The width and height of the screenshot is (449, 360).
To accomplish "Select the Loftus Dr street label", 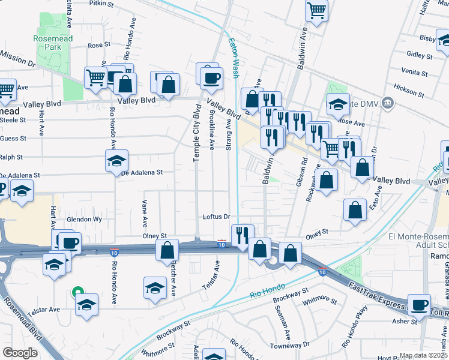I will pyautogui.click(x=216, y=217).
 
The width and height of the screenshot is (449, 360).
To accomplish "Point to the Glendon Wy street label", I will pyautogui.click(x=84, y=220).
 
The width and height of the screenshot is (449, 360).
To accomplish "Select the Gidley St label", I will pyautogui.click(x=415, y=54).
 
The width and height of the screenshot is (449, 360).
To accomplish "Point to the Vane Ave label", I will pyautogui.click(x=145, y=213).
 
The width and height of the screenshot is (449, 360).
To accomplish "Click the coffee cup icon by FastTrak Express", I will pyautogui.click(x=420, y=304).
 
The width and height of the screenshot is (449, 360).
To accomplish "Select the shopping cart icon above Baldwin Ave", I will pyautogui.click(x=316, y=10).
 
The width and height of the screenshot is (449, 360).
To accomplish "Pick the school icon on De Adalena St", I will pyautogui.click(x=116, y=160).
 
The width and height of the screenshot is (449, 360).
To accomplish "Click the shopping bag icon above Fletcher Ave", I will pyautogui.click(x=167, y=250).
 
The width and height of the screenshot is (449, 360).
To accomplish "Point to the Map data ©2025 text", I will pyautogui.click(x=424, y=355).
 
